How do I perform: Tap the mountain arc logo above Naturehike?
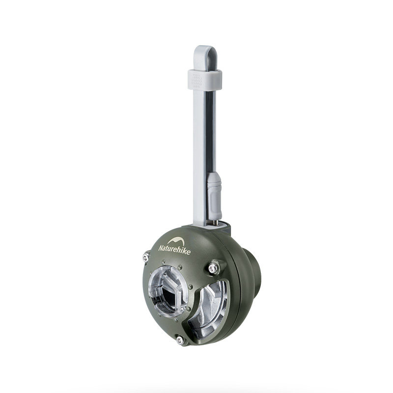(x=176, y=242)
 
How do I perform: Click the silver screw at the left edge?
(x=146, y=257)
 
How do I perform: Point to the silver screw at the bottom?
(x=180, y=340)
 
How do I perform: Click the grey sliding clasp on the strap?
(x=205, y=79)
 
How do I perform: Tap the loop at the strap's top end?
(x=205, y=54)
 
